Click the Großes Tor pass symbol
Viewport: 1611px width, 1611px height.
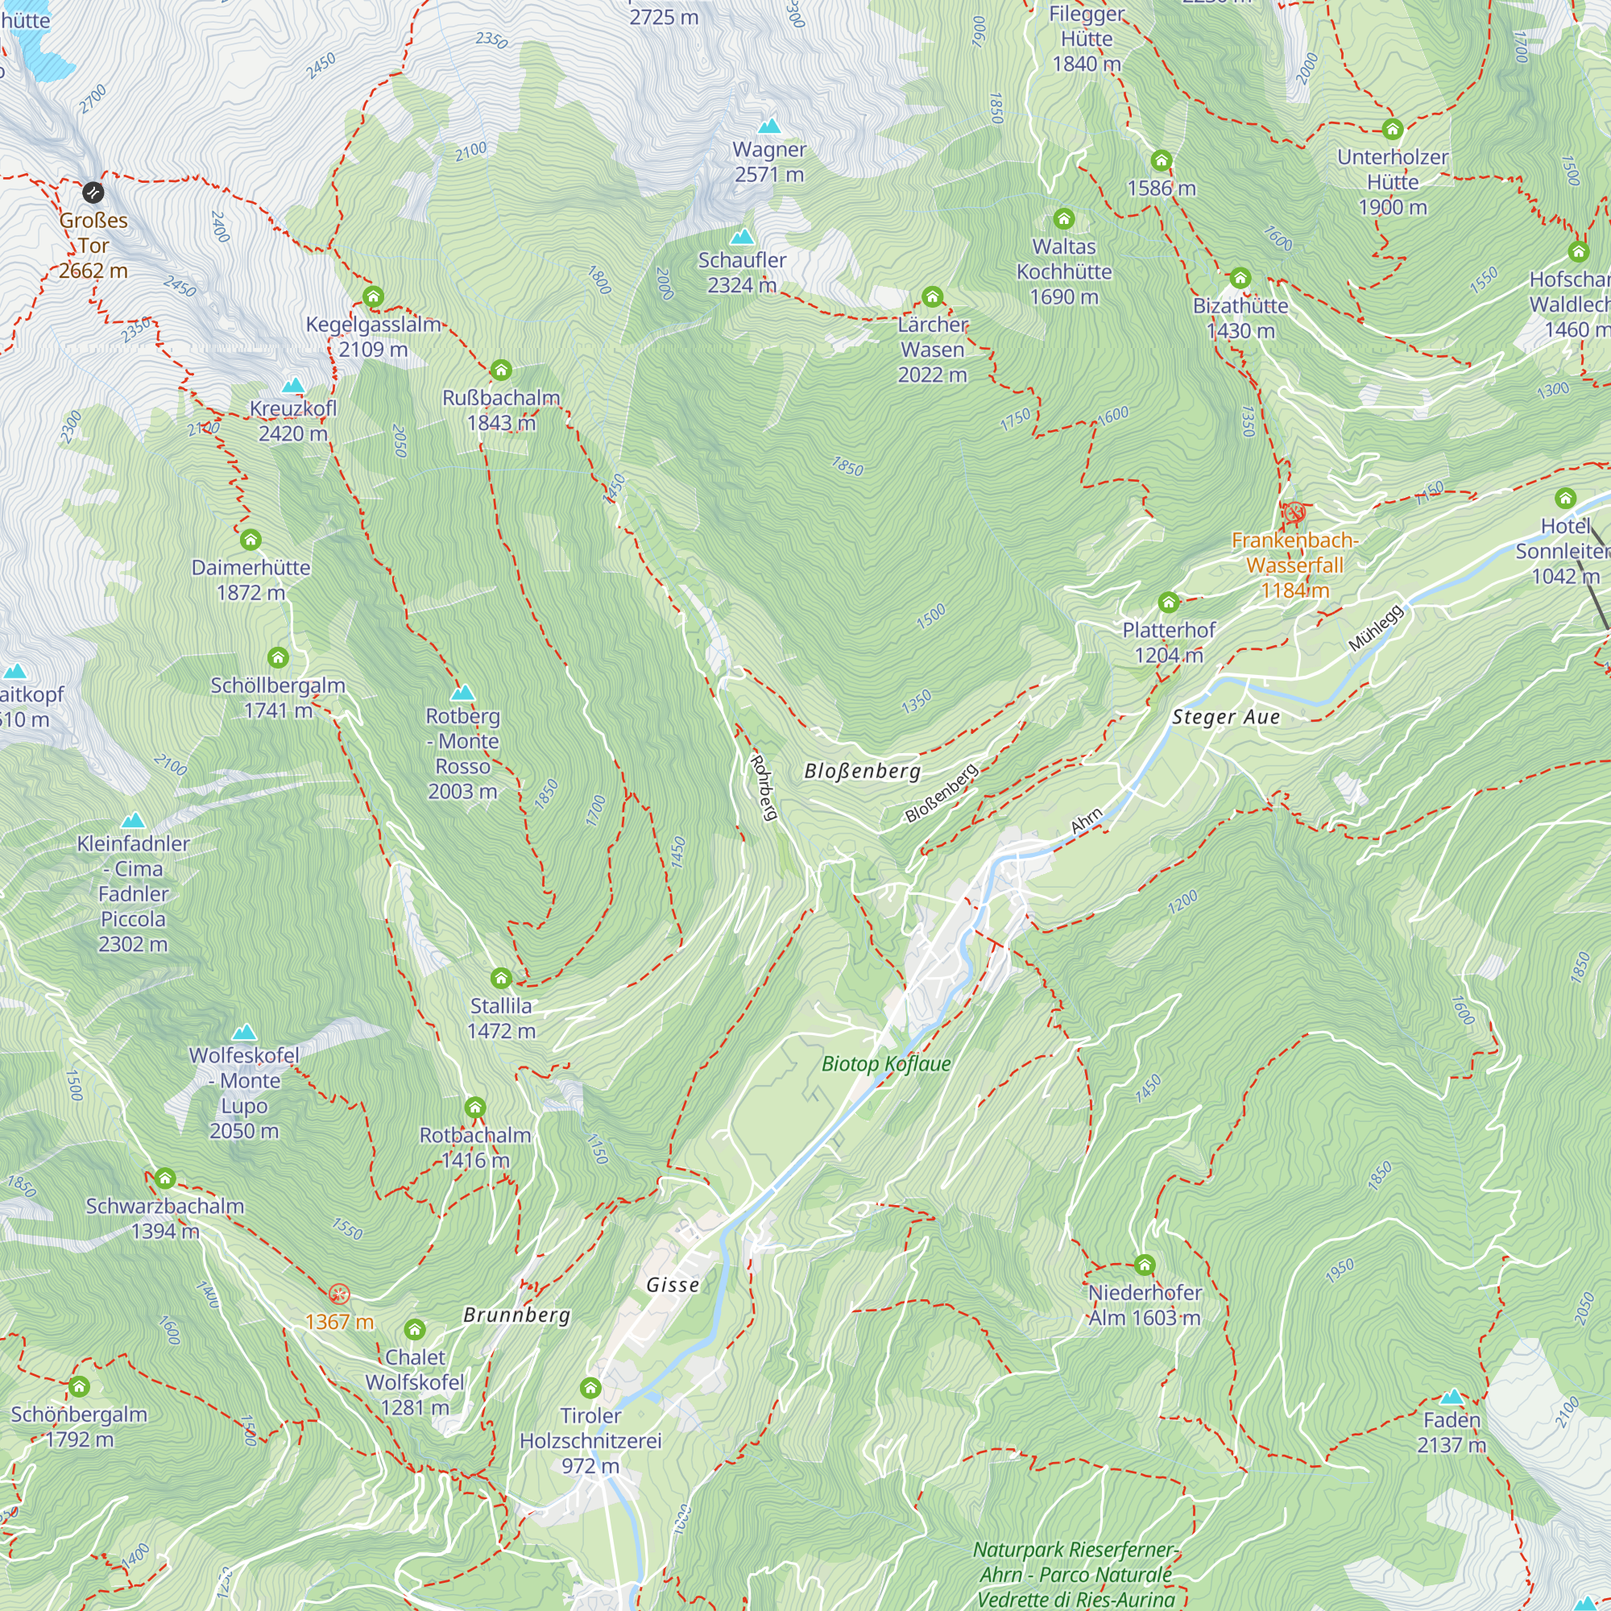click(93, 193)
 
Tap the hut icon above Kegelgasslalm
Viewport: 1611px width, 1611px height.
click(373, 297)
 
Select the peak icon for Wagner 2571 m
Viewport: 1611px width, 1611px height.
click(768, 126)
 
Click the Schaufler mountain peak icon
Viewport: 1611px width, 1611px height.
click(741, 237)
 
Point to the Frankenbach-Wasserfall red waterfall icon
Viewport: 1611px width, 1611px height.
click(1294, 513)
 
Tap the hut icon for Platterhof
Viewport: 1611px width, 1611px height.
click(1168, 602)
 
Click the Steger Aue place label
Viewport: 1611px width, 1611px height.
click(1225, 717)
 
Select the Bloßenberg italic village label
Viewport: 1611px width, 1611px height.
click(862, 771)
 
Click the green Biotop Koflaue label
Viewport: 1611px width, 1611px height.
click(885, 1063)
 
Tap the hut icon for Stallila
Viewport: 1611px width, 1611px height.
click(500, 977)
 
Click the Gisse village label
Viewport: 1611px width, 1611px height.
click(672, 1285)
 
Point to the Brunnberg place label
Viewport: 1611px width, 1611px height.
click(516, 1315)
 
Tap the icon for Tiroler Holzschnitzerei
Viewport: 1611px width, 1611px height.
click(590, 1388)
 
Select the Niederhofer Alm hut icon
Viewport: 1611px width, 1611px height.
click(1144, 1265)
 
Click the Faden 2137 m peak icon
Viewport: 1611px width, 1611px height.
click(1451, 1397)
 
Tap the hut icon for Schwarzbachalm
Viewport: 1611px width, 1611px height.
click(165, 1178)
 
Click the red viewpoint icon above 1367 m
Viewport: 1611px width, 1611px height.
click(338, 1294)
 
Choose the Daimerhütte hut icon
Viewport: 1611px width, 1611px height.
click(251, 540)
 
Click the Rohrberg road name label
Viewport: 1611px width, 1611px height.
click(763, 788)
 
